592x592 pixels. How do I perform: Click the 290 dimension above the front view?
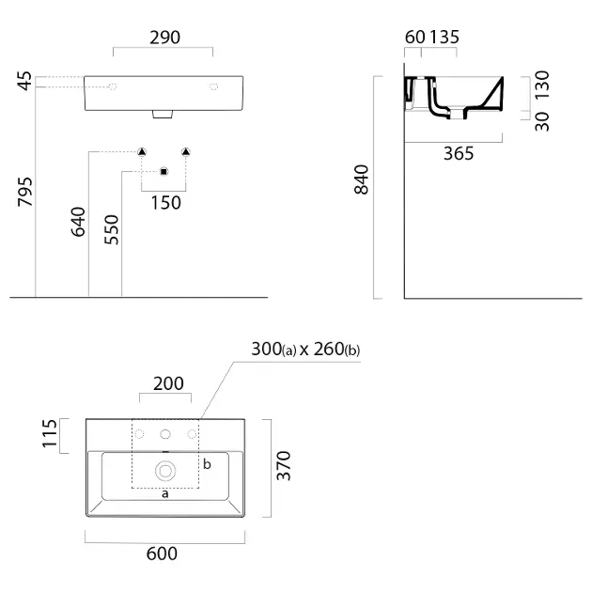click(x=165, y=38)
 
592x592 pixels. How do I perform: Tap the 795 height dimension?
click(x=25, y=192)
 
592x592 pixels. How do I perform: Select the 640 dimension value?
click(x=79, y=222)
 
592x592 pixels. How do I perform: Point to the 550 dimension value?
click(x=112, y=229)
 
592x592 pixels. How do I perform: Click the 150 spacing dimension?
click(x=166, y=203)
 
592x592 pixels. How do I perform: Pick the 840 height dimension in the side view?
click(x=362, y=179)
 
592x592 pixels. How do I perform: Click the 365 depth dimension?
click(x=459, y=154)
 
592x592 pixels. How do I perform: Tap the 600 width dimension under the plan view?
click(x=162, y=553)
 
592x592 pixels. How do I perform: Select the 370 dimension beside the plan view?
click(x=284, y=465)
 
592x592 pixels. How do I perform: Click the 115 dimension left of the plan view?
click(x=50, y=433)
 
